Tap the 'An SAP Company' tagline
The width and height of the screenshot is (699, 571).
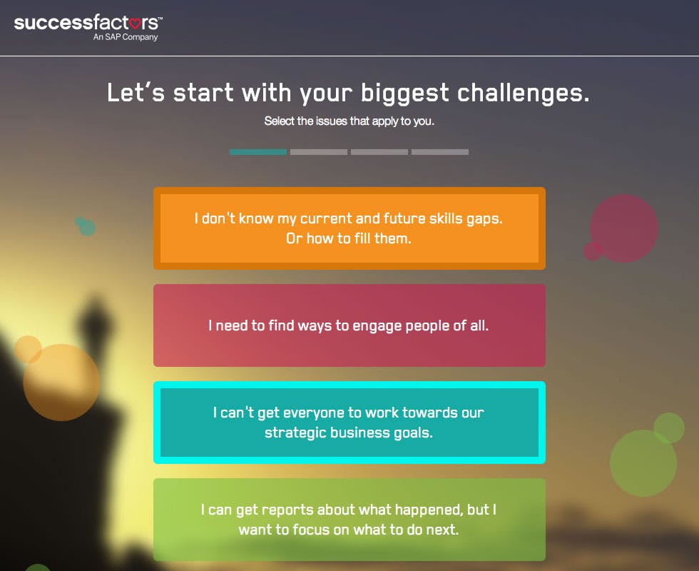[125, 37]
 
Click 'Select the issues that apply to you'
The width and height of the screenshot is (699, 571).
[349, 121]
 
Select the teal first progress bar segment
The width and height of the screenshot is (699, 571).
[257, 152]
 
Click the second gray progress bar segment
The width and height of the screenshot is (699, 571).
[319, 152]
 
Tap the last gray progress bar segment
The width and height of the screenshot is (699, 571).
[440, 152]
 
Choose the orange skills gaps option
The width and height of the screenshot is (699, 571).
[349, 228]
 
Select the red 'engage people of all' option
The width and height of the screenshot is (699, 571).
[349, 325]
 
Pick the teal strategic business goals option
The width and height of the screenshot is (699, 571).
[349, 423]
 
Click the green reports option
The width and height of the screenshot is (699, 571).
[349, 520]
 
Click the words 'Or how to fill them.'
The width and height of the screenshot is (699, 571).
[349, 238]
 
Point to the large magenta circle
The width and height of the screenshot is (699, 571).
[625, 228]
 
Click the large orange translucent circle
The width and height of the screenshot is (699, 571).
[61, 382]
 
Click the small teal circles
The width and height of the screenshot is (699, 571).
[86, 226]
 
